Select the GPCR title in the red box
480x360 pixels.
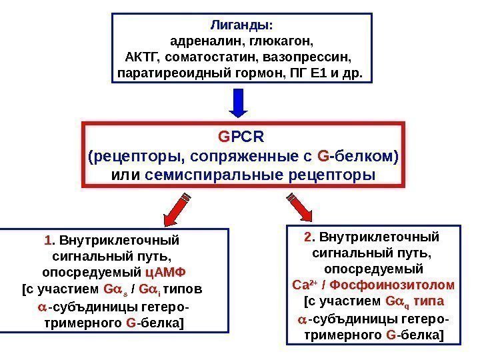coord(241,137)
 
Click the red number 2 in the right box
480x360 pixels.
coord(307,237)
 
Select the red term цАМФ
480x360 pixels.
coord(166,273)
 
